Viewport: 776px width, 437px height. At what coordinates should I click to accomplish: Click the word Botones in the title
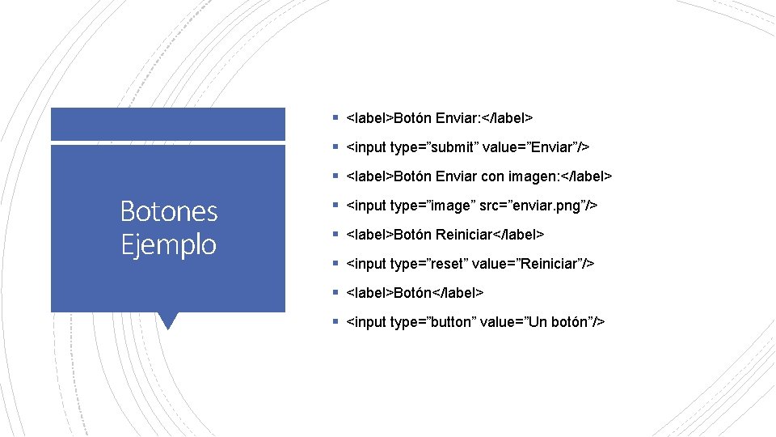click(x=169, y=211)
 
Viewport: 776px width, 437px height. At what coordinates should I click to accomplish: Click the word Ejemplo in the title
click(x=169, y=244)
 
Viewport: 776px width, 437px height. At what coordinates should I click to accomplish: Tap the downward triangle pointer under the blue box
click(x=168, y=320)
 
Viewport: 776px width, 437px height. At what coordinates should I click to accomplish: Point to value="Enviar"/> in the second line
click(x=535, y=147)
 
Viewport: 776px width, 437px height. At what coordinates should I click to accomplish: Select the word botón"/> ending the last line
click(x=575, y=322)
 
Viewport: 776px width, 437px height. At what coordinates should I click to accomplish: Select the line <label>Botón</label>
click(x=415, y=293)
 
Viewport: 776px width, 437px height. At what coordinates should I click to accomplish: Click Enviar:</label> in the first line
click(x=483, y=118)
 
